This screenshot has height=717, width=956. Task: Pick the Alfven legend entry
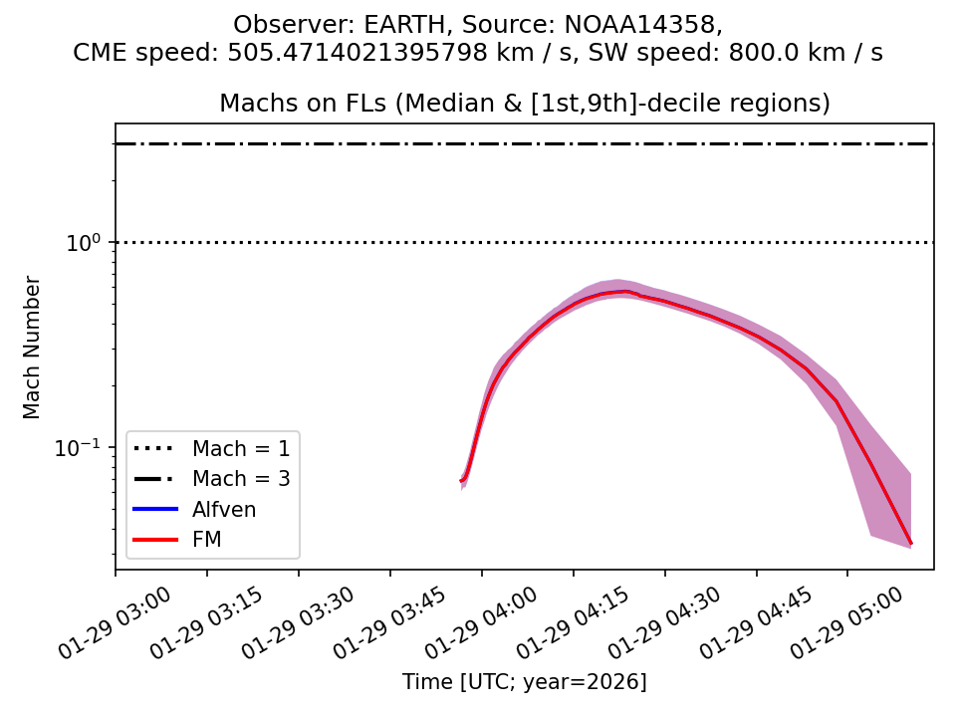224,510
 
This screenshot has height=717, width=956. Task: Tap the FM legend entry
207,540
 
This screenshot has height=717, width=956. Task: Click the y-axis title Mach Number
32,348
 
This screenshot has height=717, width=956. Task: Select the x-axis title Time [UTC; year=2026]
525,682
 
